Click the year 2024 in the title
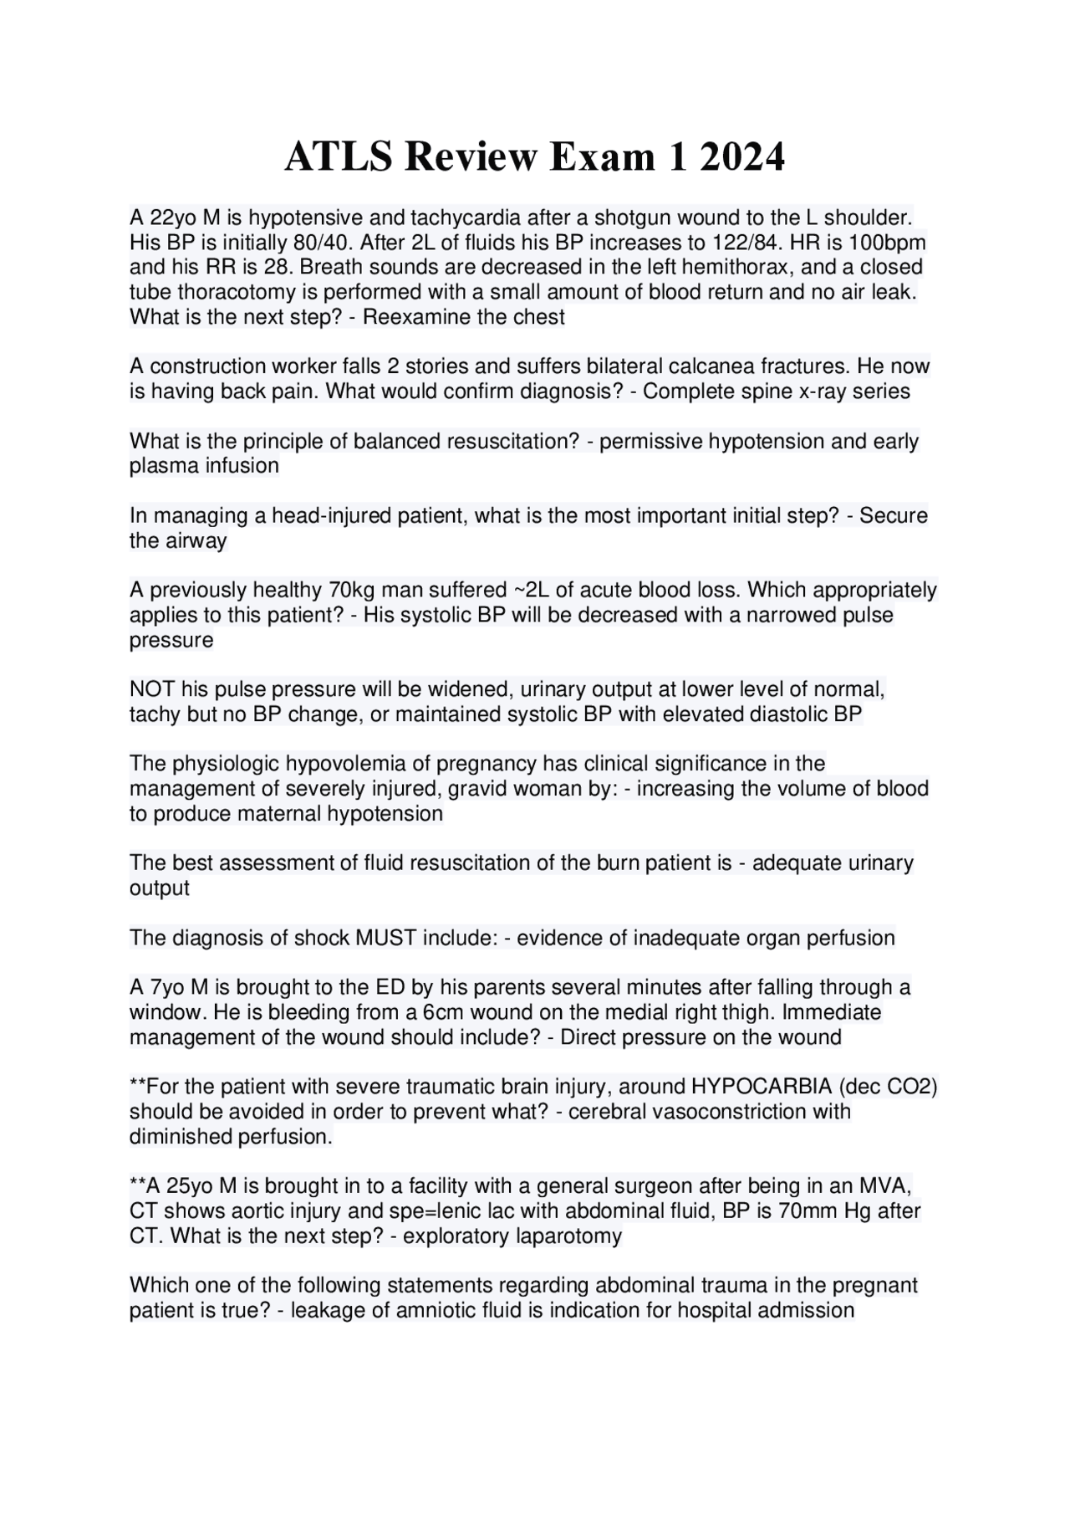tap(742, 157)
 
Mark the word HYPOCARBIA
tap(762, 1087)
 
